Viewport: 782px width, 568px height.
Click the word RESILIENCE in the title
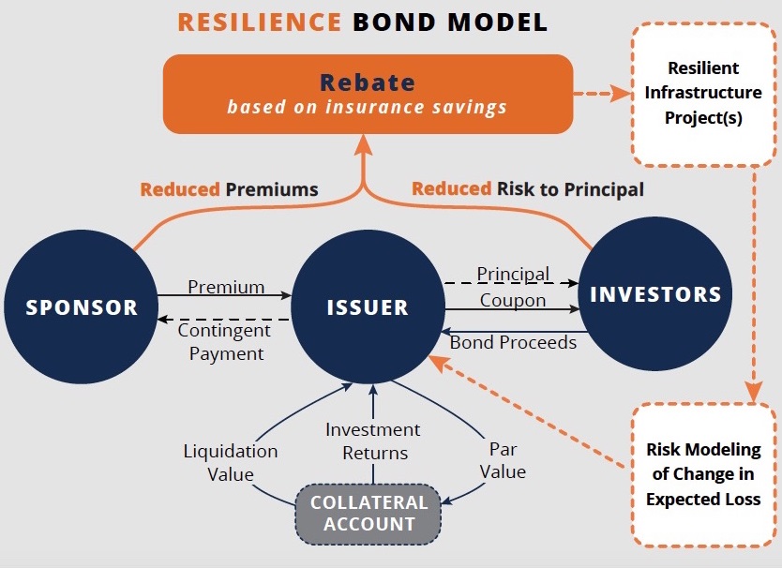coord(260,22)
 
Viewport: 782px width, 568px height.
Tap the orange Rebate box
coord(368,94)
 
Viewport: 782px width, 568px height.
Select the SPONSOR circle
coord(82,306)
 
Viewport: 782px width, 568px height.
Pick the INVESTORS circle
coord(655,294)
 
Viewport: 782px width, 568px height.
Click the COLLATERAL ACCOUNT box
coord(368,514)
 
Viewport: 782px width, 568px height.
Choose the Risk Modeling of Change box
coord(702,473)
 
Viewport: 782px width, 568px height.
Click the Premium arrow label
coord(226,287)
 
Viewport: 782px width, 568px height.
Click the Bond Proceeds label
coord(513,342)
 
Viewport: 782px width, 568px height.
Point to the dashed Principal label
coord(513,274)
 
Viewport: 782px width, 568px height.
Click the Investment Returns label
coord(373,441)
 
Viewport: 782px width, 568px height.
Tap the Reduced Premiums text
coord(229,189)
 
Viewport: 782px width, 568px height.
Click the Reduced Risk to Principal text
coord(528,189)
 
